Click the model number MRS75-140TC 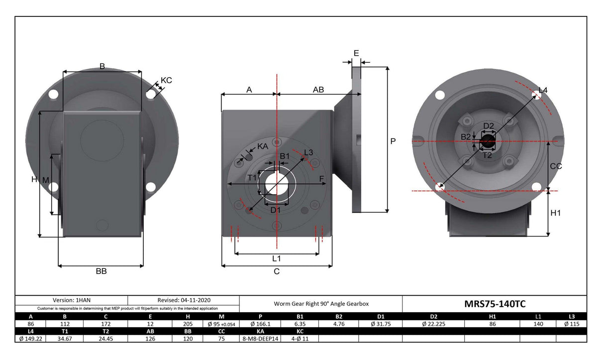point(494,304)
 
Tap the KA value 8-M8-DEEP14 point(260,339)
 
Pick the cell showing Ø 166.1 point(260,324)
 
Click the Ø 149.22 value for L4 point(31,339)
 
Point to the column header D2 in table point(433,317)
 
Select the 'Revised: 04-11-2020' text point(183,300)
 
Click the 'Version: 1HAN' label point(72,300)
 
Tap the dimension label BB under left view point(101,271)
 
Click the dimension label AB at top point(318,90)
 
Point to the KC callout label point(166,80)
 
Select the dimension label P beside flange point(393,141)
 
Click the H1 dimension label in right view point(556,213)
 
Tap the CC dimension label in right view point(555,166)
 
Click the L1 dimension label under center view point(276,258)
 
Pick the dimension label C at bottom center point(277,271)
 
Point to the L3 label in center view point(308,152)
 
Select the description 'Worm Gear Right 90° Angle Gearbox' point(321,304)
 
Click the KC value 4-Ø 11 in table point(300,339)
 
